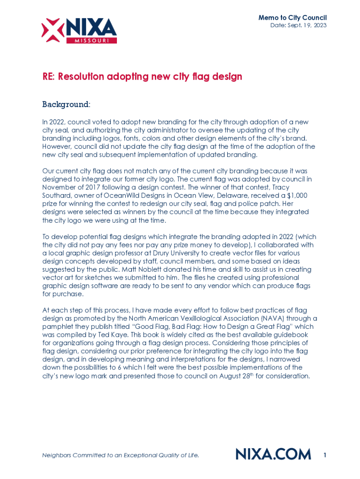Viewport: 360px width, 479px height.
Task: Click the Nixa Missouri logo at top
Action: (79, 31)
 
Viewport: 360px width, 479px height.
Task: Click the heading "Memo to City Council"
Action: (293, 18)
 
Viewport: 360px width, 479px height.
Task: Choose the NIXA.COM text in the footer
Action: (274, 454)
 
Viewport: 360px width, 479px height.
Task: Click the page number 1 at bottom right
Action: (324, 454)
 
